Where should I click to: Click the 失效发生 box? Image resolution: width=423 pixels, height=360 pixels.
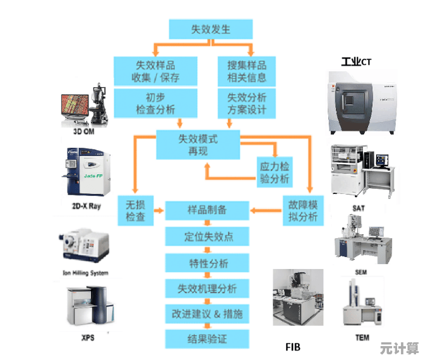point(211,29)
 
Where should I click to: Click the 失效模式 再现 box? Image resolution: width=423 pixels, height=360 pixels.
point(198,145)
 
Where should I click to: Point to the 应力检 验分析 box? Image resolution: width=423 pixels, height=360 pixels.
point(275,172)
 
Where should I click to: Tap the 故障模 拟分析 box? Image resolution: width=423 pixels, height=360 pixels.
point(303,210)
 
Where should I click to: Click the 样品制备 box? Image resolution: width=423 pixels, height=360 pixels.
point(206,210)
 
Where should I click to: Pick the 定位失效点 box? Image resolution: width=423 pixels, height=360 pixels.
point(206,237)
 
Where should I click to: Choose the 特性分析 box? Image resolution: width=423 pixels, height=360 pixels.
point(206,263)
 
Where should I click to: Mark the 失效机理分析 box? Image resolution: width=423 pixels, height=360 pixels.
point(206,289)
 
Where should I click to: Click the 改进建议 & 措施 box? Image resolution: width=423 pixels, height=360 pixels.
point(206,314)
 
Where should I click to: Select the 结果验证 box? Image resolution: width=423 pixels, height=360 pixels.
point(206,339)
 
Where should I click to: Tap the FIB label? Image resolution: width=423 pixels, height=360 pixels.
point(293,347)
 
